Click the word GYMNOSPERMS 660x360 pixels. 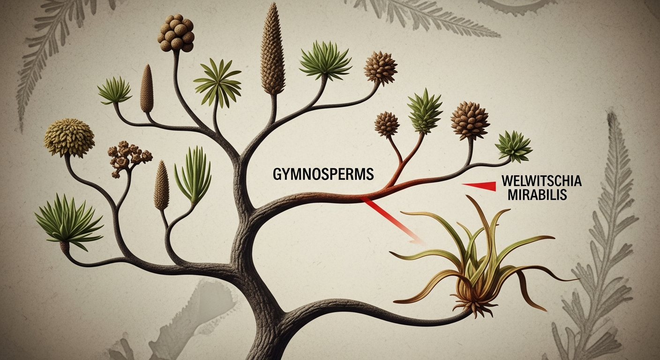(x=323, y=174)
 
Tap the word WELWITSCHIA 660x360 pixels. (x=542, y=180)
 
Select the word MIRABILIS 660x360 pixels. (x=537, y=195)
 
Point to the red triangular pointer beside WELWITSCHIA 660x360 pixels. (x=479, y=186)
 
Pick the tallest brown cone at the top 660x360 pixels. (x=273, y=49)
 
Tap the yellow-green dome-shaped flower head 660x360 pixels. (x=69, y=138)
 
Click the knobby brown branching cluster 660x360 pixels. (x=128, y=158)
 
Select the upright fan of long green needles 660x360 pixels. (x=193, y=175)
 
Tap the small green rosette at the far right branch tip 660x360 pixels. (x=514, y=146)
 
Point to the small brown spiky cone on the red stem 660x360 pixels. (x=387, y=124)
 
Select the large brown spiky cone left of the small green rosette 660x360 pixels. (x=470, y=120)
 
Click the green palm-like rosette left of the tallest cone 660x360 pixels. (x=217, y=82)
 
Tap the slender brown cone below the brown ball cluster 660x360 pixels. (x=147, y=89)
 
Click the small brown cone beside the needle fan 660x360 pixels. (x=161, y=185)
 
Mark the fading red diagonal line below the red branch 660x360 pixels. (x=393, y=221)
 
